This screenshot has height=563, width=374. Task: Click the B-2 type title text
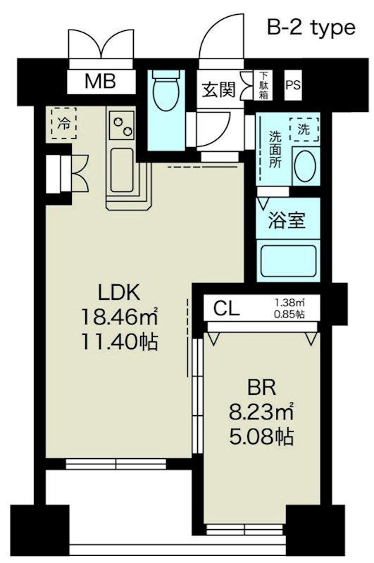pos(311,28)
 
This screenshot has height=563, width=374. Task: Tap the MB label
pos(100,81)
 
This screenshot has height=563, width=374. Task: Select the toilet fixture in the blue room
pos(166,91)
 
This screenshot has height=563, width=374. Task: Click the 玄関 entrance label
pos(219,89)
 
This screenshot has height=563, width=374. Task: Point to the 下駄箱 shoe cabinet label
pos(263,85)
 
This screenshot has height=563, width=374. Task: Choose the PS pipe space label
pos(293,85)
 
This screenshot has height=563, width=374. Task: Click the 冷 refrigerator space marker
pos(64,123)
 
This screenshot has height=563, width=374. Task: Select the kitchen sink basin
pos(122,170)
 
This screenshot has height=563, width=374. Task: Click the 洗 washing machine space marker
pos(304,129)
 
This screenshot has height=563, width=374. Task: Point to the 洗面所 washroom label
pos(275,149)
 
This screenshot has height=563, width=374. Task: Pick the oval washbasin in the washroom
pos(305,165)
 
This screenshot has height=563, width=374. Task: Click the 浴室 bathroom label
pos(287,220)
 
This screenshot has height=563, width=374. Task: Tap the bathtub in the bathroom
pos(289,260)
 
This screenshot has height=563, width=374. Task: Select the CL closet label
pos(226,308)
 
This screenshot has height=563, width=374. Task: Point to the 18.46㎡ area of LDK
pos(120,317)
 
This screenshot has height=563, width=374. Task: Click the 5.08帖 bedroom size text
pos(261,437)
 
